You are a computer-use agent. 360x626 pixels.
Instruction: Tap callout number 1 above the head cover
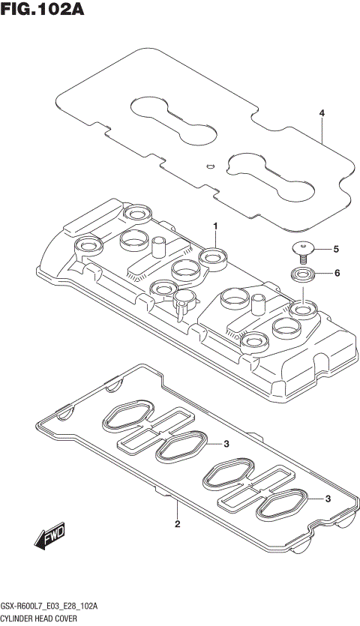(214, 226)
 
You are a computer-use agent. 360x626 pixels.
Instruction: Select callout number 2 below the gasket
(177, 524)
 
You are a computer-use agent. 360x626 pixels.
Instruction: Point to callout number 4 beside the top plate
(322, 113)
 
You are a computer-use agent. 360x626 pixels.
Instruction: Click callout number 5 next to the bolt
(336, 249)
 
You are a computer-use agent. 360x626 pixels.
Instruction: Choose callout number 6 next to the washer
(337, 273)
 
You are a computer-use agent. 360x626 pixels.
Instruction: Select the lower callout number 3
(328, 499)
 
